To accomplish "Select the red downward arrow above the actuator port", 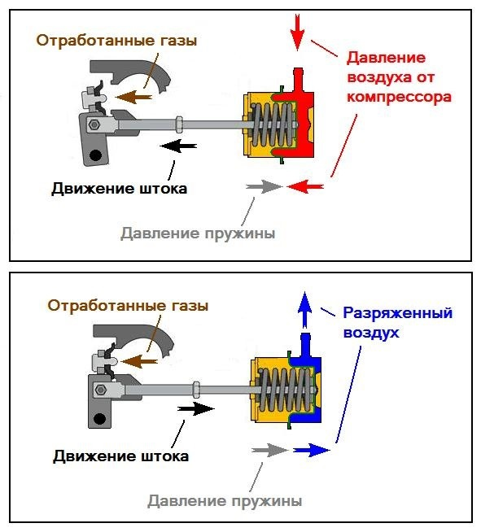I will click(297, 30).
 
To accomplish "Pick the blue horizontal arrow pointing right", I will click(311, 449).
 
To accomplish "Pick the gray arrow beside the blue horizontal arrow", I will click(270, 449).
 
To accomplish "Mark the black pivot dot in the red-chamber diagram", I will click(97, 155).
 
